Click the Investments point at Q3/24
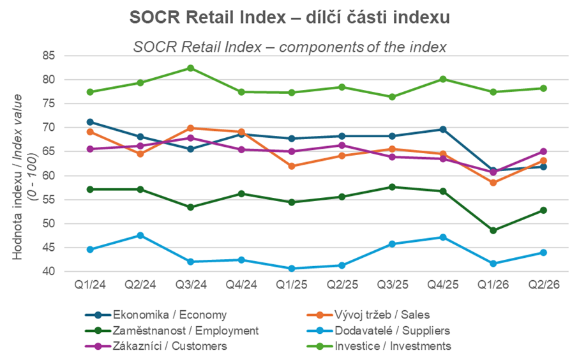190,68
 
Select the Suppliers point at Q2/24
140,236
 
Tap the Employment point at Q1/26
493,230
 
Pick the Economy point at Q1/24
90,122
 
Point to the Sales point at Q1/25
291,166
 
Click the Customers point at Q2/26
543,151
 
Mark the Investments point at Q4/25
443,79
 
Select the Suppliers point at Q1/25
291,269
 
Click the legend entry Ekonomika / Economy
156,315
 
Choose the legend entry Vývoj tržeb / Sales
368,315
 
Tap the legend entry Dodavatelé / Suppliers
378,331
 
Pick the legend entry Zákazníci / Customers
156,346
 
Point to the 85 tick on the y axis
49,56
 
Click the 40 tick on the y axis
49,271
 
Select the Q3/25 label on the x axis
393,285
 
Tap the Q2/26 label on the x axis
544,285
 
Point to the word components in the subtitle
321,47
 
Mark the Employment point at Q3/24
190,207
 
